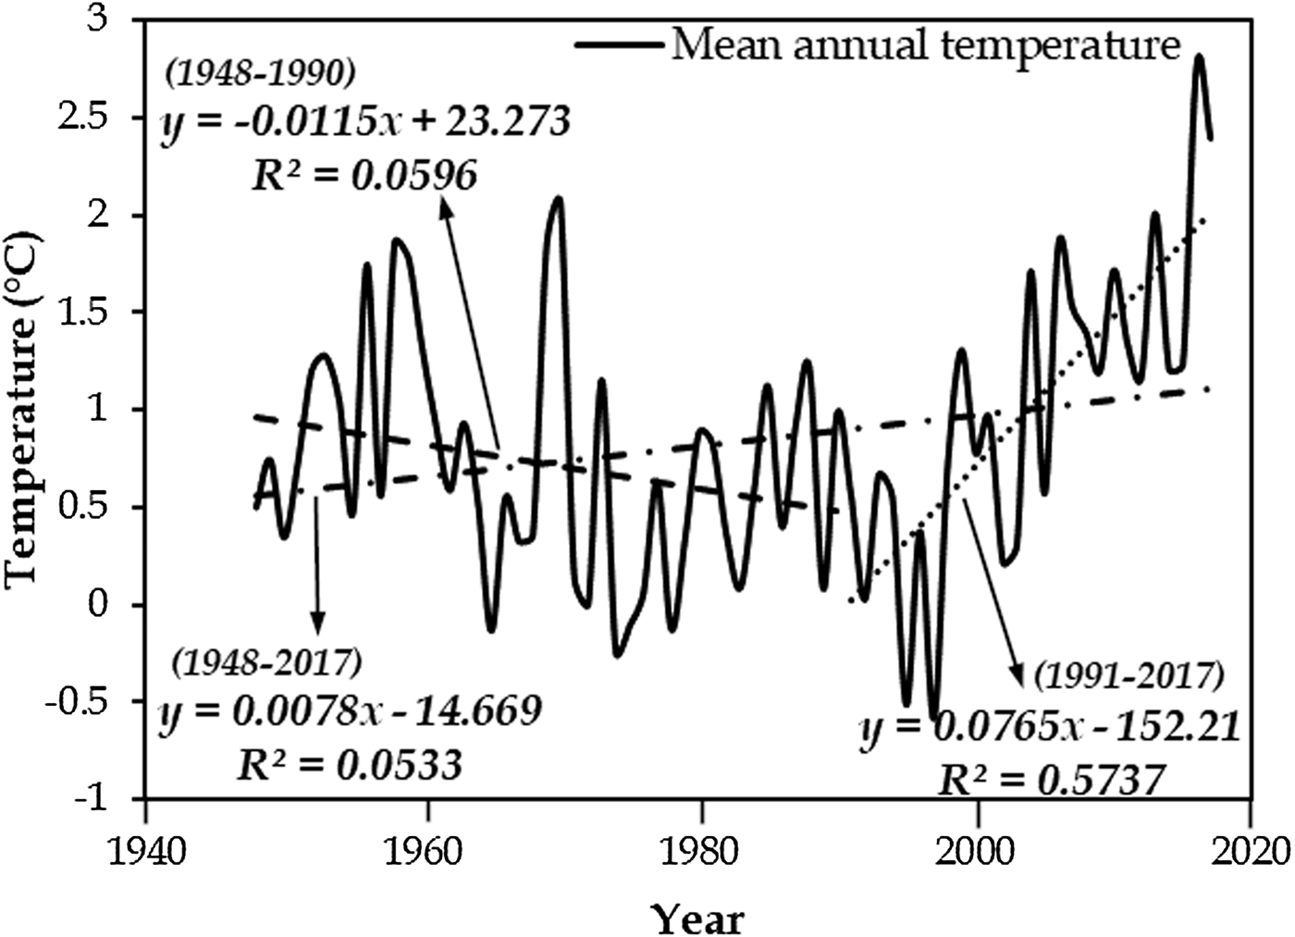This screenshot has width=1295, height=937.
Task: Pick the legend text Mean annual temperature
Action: pyautogui.click(x=926, y=44)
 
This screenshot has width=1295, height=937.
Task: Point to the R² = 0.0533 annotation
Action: pyautogui.click(x=349, y=764)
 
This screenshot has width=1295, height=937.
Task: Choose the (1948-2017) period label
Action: pyautogui.click(x=266, y=661)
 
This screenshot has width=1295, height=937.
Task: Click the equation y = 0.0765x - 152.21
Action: pyautogui.click(x=1049, y=729)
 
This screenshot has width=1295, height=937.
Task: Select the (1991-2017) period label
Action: pyautogui.click(x=1129, y=677)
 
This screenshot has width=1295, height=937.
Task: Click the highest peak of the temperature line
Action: pyautogui.click(x=1199, y=57)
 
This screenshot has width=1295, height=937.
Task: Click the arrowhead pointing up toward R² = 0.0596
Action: pyautogui.click(x=444, y=211)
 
